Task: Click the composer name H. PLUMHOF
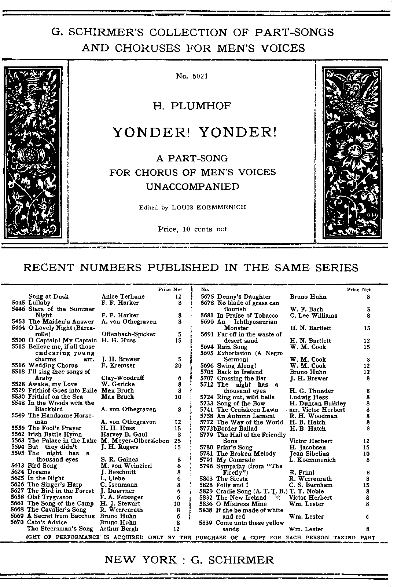tap(192, 106)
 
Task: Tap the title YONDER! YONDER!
tap(194, 132)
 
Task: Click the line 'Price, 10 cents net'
tap(192, 229)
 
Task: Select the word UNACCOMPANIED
tap(192, 186)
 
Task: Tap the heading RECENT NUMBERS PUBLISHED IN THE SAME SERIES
tap(191, 267)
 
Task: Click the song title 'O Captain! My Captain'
tap(62, 340)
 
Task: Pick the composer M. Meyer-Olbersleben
tap(135, 441)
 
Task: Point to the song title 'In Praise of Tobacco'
tap(247, 316)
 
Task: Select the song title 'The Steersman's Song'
tap(60, 529)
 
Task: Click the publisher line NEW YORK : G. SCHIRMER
tap(189, 559)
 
